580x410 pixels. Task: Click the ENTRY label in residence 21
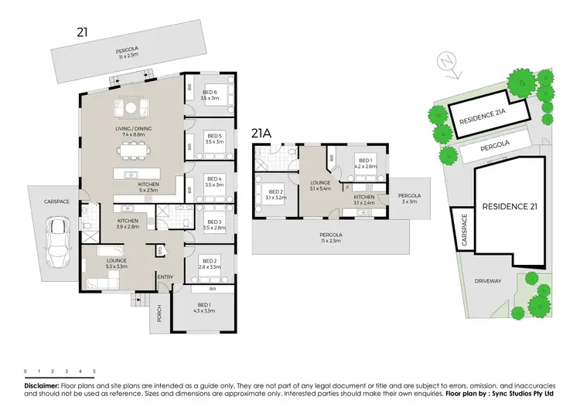coord(166,278)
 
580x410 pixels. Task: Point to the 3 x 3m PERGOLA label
coord(409,198)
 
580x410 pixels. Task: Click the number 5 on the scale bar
coord(94,371)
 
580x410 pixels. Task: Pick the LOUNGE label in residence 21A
coord(319,183)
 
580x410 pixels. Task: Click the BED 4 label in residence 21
coord(213,181)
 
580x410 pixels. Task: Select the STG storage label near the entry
coord(160,250)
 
